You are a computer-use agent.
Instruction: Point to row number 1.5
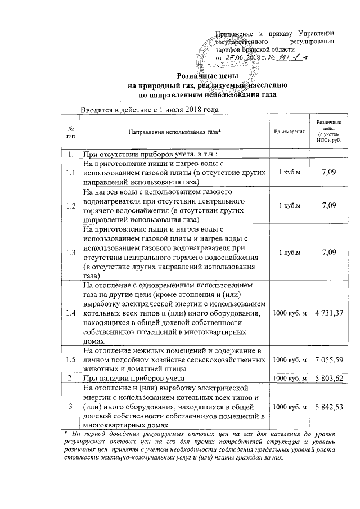pyautogui.click(x=70, y=358)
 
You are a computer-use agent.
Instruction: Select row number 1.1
pyautogui.click(x=70, y=173)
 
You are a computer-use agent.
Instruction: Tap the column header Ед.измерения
pyautogui.click(x=289, y=132)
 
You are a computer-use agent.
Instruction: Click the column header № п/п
pyautogui.click(x=70, y=132)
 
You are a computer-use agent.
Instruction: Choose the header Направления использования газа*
pyautogui.click(x=174, y=132)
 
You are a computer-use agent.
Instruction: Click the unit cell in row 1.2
pyautogui.click(x=289, y=206)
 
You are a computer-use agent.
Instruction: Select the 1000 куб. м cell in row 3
pyautogui.click(x=289, y=405)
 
